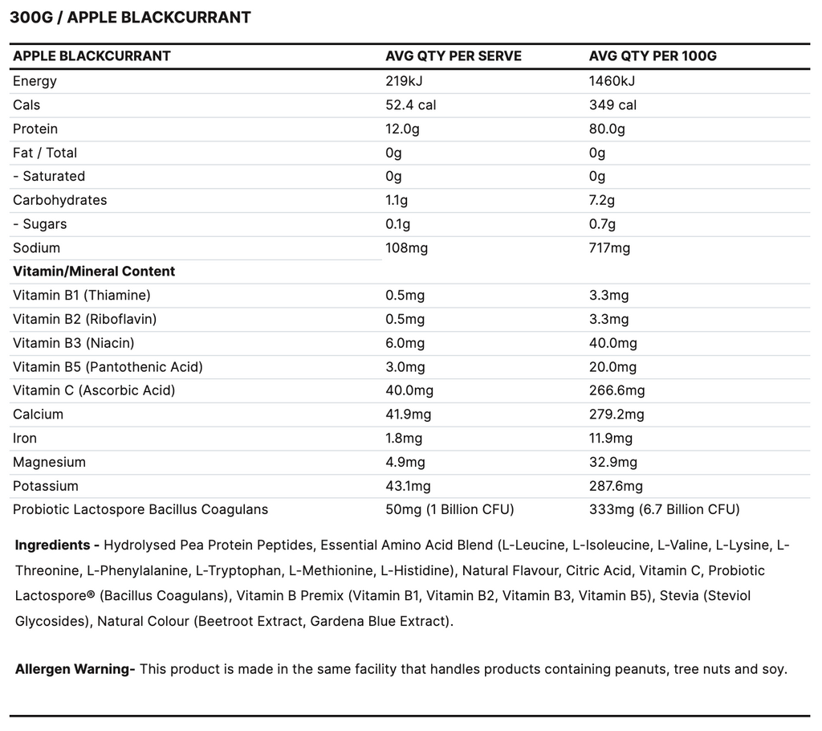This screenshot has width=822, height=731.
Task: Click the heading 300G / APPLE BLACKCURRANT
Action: pyautogui.click(x=130, y=18)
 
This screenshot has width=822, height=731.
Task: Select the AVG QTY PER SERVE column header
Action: pyautogui.click(x=453, y=56)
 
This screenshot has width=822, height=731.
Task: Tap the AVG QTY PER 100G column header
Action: pyautogui.click(x=652, y=56)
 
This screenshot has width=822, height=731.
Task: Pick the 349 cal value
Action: pyautogui.click(x=612, y=105)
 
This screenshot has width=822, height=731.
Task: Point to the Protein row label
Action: pyautogui.click(x=35, y=129)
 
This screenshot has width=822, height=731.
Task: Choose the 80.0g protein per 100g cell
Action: pyautogui.click(x=607, y=129)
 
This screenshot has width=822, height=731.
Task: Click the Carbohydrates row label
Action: pyautogui.click(x=59, y=200)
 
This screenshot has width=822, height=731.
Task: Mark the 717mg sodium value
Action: pyautogui.click(x=609, y=248)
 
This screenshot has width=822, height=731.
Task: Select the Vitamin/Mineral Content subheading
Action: pyautogui.click(x=94, y=272)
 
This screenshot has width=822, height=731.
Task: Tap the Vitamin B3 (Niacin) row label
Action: pyautogui.click(x=73, y=343)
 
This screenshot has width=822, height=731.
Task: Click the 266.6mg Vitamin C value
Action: pyautogui.click(x=616, y=390)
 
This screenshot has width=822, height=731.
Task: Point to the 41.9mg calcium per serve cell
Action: pyautogui.click(x=408, y=415)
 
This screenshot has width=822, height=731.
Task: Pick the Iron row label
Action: pyautogui.click(x=25, y=439)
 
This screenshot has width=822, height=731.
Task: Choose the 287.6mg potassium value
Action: pyautogui.click(x=616, y=486)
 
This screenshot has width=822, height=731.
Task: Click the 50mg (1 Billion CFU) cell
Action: pyautogui.click(x=450, y=509)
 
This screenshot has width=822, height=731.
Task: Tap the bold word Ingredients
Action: pyautogui.click(x=53, y=545)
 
